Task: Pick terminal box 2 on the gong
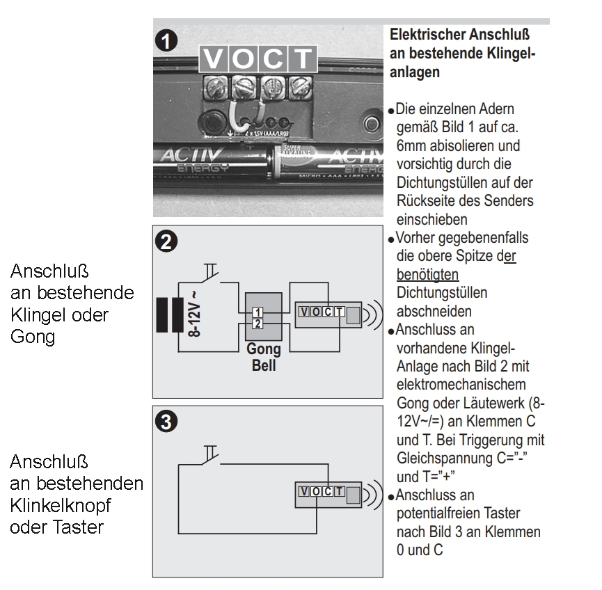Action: tap(258, 324)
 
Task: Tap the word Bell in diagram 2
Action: tap(263, 365)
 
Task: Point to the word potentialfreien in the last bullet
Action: tap(435, 514)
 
